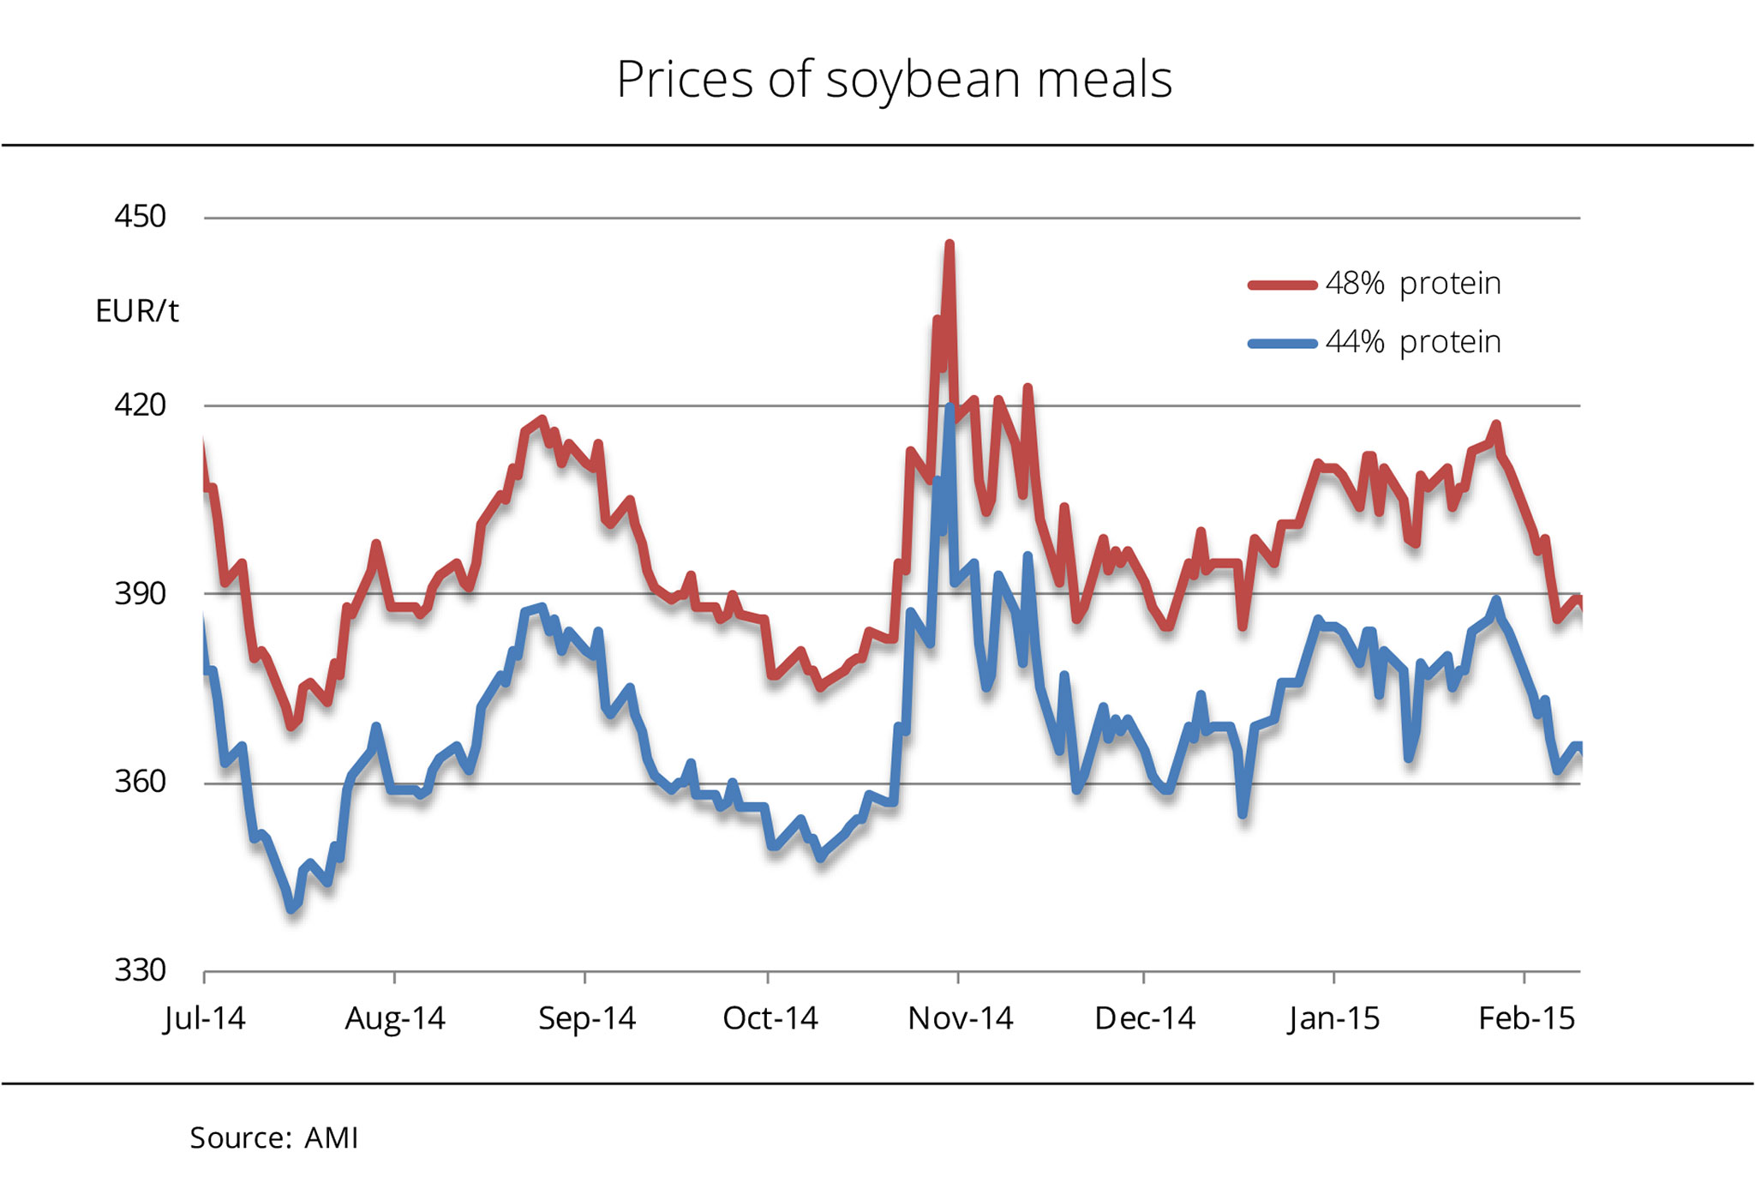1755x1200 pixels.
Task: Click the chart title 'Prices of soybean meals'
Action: point(894,80)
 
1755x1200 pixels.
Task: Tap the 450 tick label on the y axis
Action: point(140,217)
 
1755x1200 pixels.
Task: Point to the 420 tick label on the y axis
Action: point(140,405)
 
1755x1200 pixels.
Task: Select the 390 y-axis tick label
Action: point(140,593)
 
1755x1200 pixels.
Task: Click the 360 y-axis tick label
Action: point(140,782)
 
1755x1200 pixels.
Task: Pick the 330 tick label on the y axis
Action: point(140,970)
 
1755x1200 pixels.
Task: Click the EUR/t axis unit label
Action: point(137,311)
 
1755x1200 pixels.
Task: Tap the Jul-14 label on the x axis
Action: point(205,1018)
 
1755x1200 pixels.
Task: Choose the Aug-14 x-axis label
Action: point(395,1018)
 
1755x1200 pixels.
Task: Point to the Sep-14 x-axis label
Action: point(587,1018)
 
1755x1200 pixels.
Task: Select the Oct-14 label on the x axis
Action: point(770,1018)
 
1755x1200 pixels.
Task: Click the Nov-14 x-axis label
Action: point(961,1018)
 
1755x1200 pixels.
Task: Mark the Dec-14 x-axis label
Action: point(1145,1018)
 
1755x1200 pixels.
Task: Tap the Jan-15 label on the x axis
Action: point(1333,1018)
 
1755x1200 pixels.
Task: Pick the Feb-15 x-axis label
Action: point(1527,1018)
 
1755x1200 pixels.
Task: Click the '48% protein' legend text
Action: point(1413,284)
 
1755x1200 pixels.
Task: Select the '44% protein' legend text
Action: point(1413,343)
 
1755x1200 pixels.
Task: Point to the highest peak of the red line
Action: point(949,245)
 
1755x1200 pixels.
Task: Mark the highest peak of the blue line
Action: point(950,408)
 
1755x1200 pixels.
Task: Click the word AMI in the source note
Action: point(332,1138)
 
